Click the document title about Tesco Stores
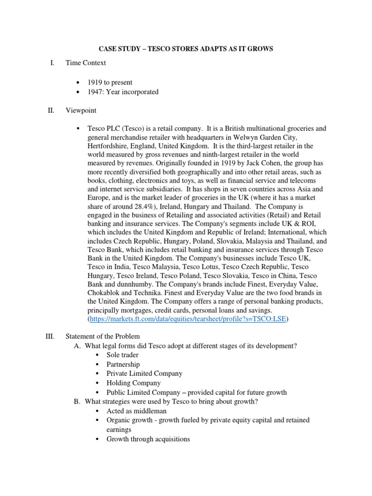[x=186, y=48]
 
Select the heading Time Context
[x=86, y=63]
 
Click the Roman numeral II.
[x=51, y=110]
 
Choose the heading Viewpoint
[x=81, y=110]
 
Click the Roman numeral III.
[x=50, y=336]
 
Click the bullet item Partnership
[x=123, y=364]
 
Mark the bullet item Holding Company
[x=134, y=383]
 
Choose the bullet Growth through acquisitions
[x=148, y=439]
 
